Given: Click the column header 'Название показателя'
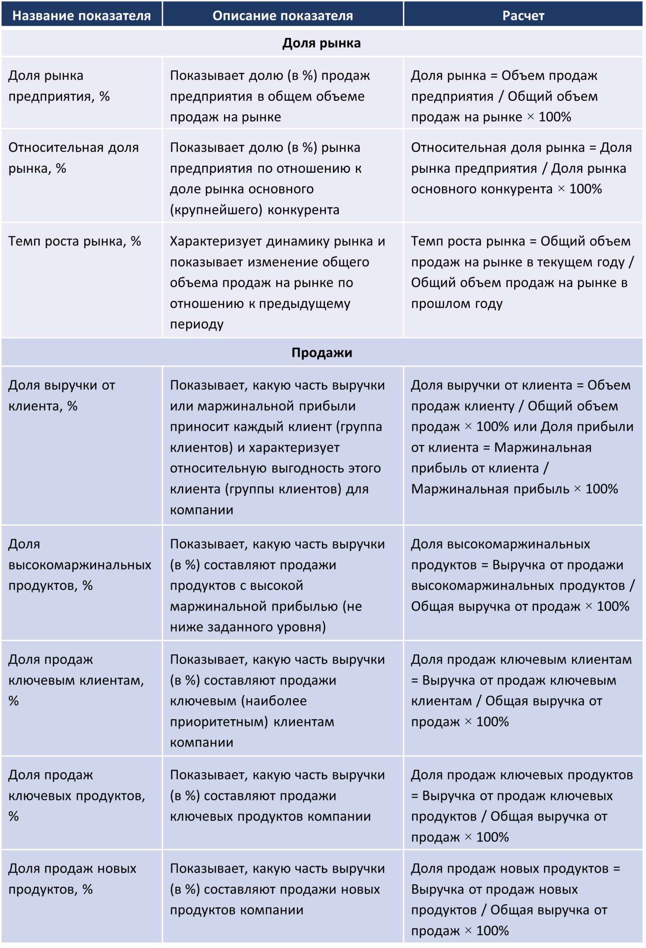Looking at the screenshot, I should (x=81, y=16).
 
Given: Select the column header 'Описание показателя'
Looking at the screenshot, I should (x=283, y=16).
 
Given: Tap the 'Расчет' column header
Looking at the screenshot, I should (x=523, y=16).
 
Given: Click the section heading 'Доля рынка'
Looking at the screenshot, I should (x=321, y=43).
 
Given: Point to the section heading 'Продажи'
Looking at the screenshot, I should (x=321, y=352).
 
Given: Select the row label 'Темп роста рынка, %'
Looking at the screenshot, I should (x=75, y=241).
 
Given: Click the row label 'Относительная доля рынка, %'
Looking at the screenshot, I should (x=73, y=158).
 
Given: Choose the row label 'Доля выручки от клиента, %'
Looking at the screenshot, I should (x=62, y=395).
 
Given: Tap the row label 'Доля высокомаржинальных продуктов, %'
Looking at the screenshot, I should (x=80, y=564).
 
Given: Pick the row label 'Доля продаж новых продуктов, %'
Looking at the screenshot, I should (x=72, y=879).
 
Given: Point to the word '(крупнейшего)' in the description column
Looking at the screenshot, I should (x=216, y=210).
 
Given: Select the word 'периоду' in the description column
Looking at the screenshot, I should (x=197, y=324).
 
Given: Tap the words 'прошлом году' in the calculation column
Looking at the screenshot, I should (x=456, y=303).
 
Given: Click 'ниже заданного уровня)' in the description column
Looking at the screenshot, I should (x=248, y=627).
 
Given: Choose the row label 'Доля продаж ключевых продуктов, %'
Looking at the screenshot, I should (x=77, y=795).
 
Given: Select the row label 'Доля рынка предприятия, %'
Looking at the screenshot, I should (x=59, y=86).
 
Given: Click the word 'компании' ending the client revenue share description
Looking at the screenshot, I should (x=201, y=510).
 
